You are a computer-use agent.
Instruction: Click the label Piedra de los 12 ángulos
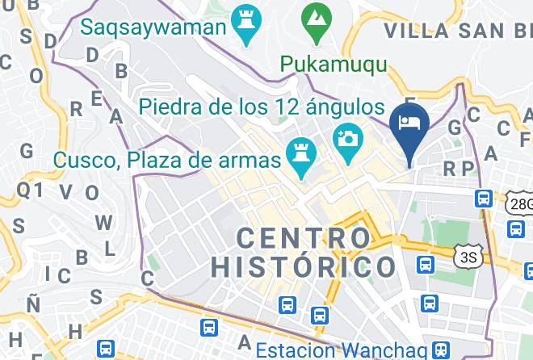(261, 107)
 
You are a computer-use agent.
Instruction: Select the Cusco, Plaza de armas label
(167, 160)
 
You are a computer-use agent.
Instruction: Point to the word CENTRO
(304, 238)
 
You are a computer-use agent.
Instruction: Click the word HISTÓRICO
(304, 266)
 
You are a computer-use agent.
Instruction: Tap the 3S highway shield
(467, 257)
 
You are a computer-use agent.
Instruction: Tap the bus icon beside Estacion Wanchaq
(440, 350)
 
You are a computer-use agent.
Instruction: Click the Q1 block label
(29, 190)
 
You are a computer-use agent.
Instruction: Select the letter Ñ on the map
(33, 303)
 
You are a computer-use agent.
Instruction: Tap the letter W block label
(103, 222)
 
